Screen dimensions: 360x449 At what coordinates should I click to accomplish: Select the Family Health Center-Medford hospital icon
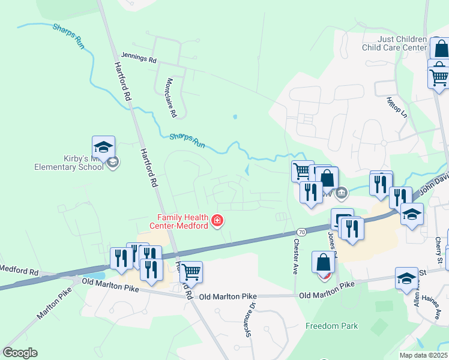[217, 221]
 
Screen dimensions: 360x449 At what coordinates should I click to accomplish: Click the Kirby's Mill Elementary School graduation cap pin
[103, 147]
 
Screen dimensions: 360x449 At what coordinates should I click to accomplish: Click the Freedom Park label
[331, 326]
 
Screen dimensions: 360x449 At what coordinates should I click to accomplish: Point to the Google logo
[20, 353]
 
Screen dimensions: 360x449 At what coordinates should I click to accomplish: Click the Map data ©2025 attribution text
[423, 355]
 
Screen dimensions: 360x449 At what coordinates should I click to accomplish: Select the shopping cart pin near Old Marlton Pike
[191, 272]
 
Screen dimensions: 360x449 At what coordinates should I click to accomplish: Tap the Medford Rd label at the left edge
[19, 269]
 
